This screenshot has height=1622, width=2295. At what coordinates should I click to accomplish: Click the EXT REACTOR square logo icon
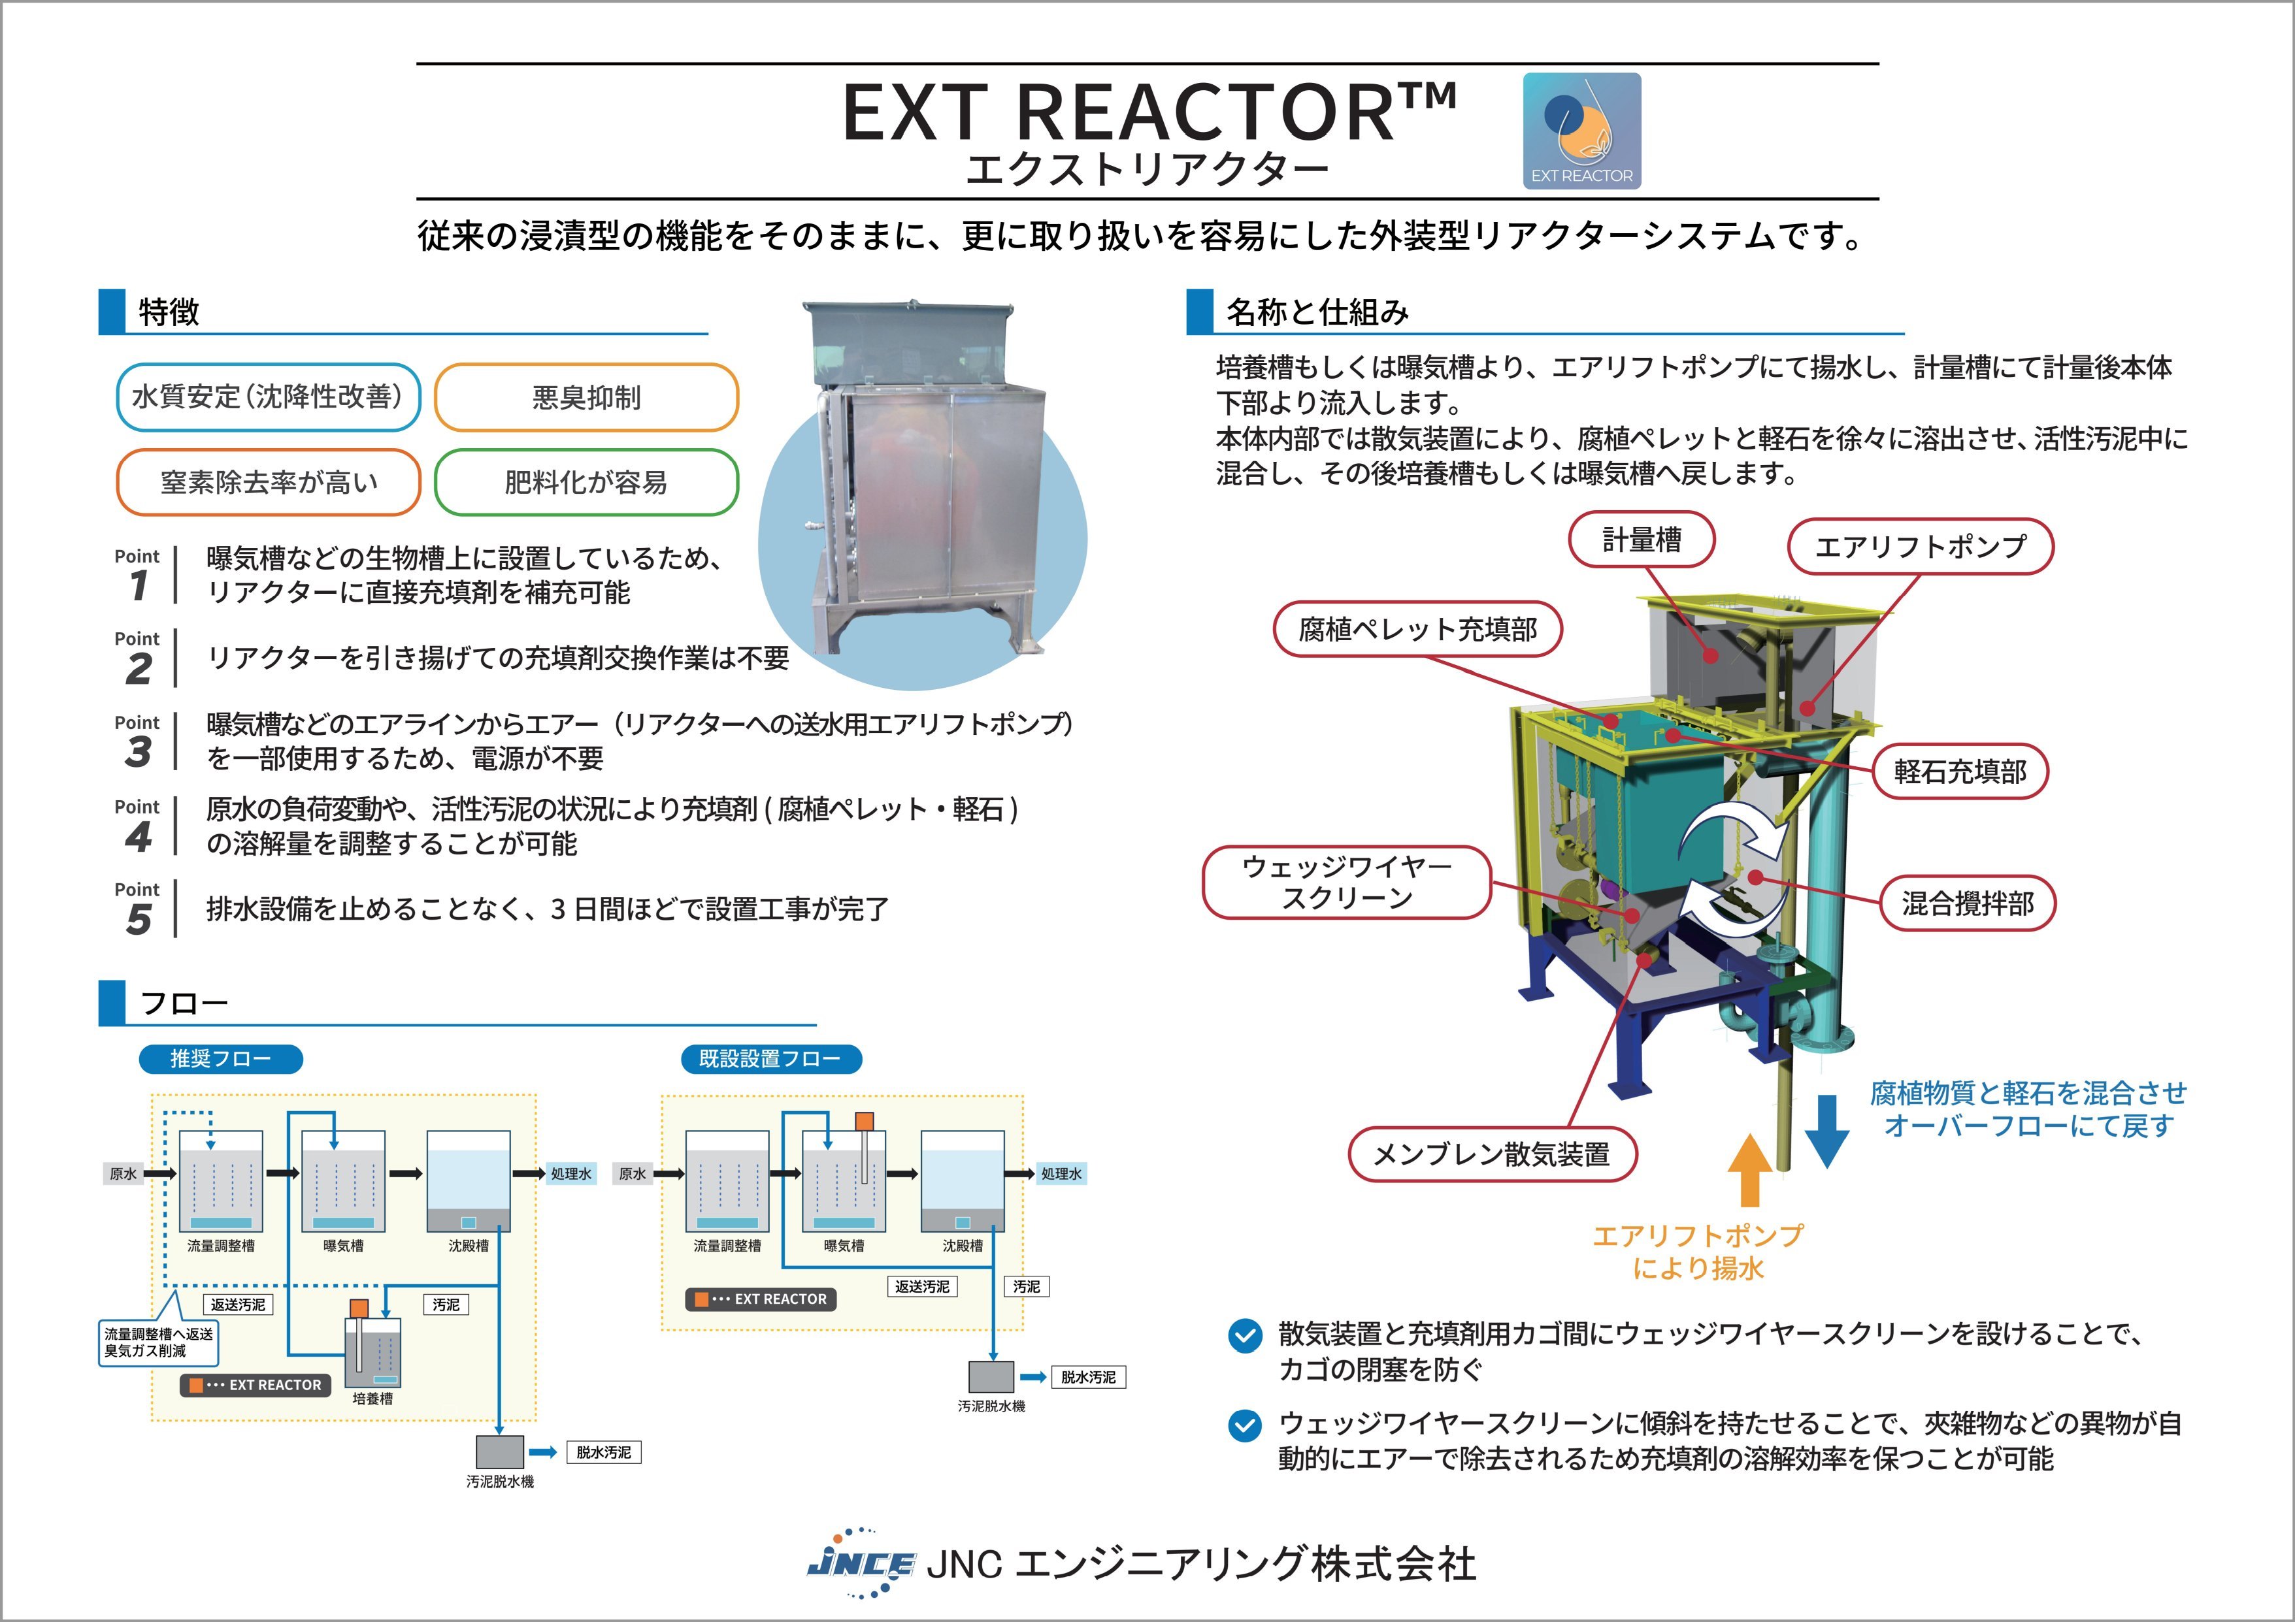point(1581,131)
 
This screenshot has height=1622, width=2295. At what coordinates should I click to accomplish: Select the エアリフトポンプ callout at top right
point(1920,547)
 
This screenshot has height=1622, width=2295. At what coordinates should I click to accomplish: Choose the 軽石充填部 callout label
point(1960,771)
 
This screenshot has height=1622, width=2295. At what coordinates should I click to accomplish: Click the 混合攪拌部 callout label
point(1967,903)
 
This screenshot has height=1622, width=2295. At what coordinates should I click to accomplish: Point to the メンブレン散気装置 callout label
point(1491,1154)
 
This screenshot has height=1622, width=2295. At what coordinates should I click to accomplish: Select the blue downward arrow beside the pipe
point(1826,1131)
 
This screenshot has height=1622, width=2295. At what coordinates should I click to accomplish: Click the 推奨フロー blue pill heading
point(221,1058)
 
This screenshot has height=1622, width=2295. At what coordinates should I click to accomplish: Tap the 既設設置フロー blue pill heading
point(770,1058)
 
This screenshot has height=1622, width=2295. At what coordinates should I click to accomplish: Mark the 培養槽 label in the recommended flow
point(373,1398)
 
